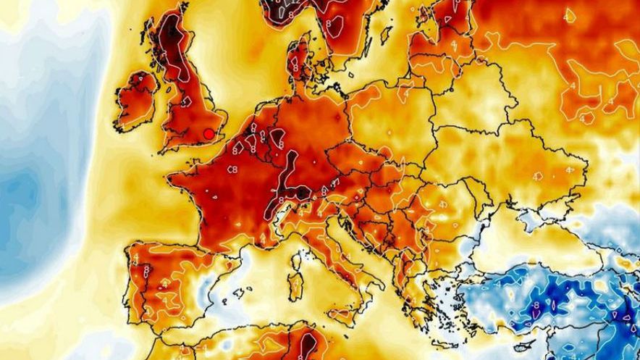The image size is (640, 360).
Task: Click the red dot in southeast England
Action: [x=209, y=133]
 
